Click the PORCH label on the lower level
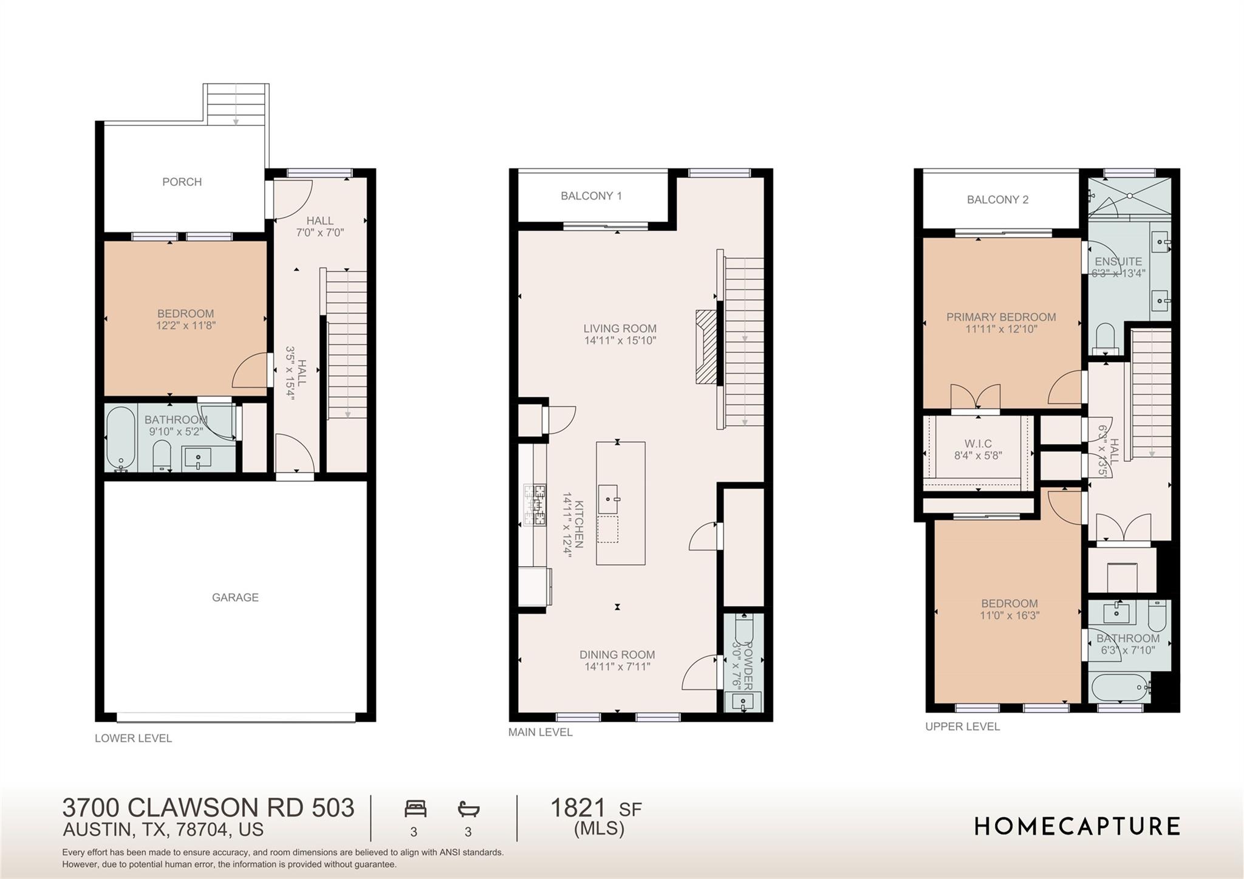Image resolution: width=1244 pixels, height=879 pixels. pos(182,182)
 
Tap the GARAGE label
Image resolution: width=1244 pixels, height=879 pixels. pos(235,597)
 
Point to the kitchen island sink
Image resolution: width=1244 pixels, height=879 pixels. pos(608,499)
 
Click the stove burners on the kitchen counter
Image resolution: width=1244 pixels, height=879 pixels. pos(535,504)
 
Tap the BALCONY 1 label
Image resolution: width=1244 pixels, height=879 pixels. pos(591,196)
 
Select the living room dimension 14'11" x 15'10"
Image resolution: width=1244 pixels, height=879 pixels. pos(620,341)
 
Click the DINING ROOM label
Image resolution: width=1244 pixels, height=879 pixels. pos(617,654)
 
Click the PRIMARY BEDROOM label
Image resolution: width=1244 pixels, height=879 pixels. pos(1001,316)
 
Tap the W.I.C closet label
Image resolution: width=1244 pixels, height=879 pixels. pos(977,444)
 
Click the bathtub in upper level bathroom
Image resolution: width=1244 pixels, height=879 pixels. pos(1120,688)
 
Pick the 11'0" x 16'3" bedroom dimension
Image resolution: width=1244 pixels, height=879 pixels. pos(1009,615)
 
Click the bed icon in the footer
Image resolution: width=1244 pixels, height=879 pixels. pos(415,809)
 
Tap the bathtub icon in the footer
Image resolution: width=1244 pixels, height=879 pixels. pos(468,809)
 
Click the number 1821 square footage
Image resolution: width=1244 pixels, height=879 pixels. pos(578,808)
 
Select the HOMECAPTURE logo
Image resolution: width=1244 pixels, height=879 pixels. pos(1077,826)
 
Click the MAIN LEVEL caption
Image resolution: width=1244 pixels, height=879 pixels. pos(540,732)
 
